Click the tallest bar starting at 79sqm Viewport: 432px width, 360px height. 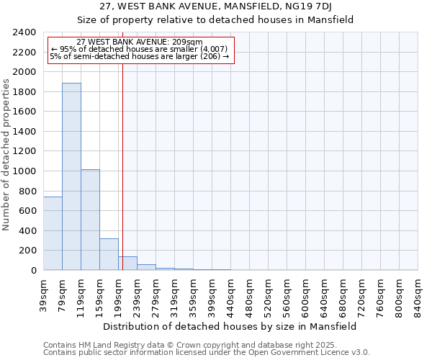coord(71,176)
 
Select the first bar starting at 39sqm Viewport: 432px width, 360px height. coord(53,233)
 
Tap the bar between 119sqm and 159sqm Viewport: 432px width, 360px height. coord(90,220)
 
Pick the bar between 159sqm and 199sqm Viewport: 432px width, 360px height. coord(109,254)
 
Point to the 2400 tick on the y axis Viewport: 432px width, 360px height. coord(25,32)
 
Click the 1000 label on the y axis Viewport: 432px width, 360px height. coord(25,171)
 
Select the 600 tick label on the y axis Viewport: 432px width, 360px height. coord(28,211)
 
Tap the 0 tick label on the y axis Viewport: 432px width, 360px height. coord(34,271)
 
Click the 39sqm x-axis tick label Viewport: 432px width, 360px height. coord(44,293)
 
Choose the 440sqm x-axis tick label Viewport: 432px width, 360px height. coord(230,294)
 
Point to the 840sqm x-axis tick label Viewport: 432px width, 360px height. coord(418,294)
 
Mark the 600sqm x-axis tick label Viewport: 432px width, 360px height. coord(305,294)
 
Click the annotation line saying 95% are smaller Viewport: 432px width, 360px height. coord(140,49)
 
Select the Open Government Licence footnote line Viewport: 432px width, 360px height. coord(207,352)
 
